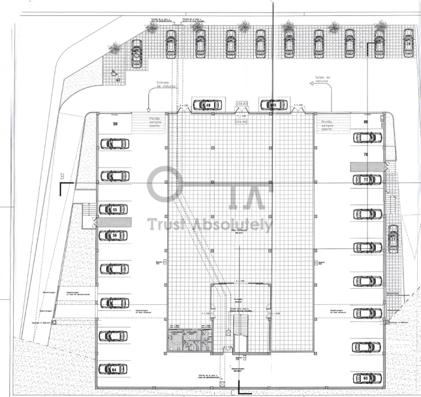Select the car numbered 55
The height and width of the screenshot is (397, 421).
point(113,210)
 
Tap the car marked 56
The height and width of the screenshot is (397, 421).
point(113,235)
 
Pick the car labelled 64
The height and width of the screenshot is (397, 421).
point(113,369)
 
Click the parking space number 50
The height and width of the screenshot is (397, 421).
point(115,124)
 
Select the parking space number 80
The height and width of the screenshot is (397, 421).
point(366,122)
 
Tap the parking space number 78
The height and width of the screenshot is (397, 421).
point(366,155)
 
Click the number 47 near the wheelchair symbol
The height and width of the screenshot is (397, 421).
point(118,80)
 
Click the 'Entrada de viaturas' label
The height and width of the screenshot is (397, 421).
point(166,85)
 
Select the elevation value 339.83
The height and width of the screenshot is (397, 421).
point(242,103)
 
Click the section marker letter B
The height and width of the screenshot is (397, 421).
point(62,176)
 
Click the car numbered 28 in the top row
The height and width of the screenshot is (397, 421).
point(408,43)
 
